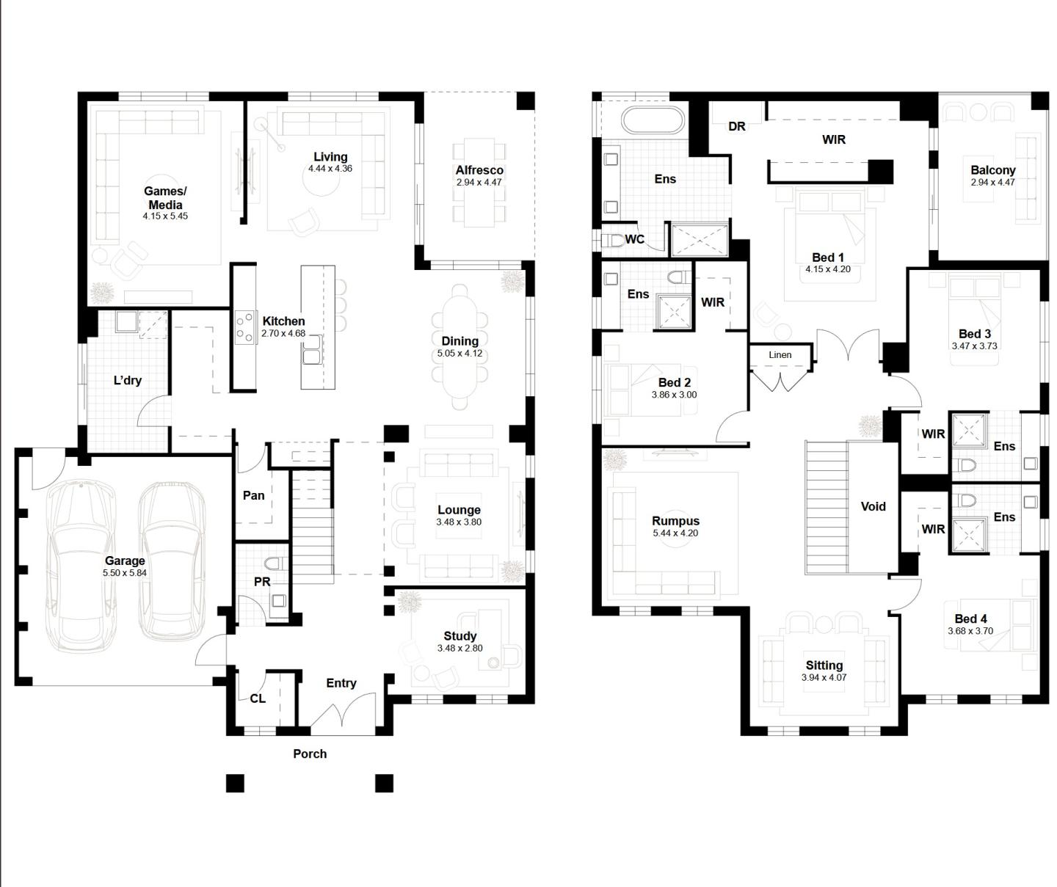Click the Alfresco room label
click(x=479, y=170)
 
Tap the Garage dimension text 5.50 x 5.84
click(x=125, y=573)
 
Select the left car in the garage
click(x=80, y=565)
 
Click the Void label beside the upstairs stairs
click(x=873, y=506)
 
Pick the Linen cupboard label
click(x=780, y=355)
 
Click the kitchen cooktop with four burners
click(x=244, y=329)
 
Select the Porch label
click(x=310, y=753)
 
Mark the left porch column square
click(x=234, y=783)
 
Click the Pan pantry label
click(x=253, y=496)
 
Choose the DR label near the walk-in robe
click(x=737, y=126)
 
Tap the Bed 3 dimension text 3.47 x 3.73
click(x=974, y=346)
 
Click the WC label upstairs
click(x=635, y=239)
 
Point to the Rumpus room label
click(x=675, y=521)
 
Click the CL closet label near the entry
click(x=258, y=698)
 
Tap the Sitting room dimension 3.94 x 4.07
click(x=824, y=678)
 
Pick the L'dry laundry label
click(x=128, y=380)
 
